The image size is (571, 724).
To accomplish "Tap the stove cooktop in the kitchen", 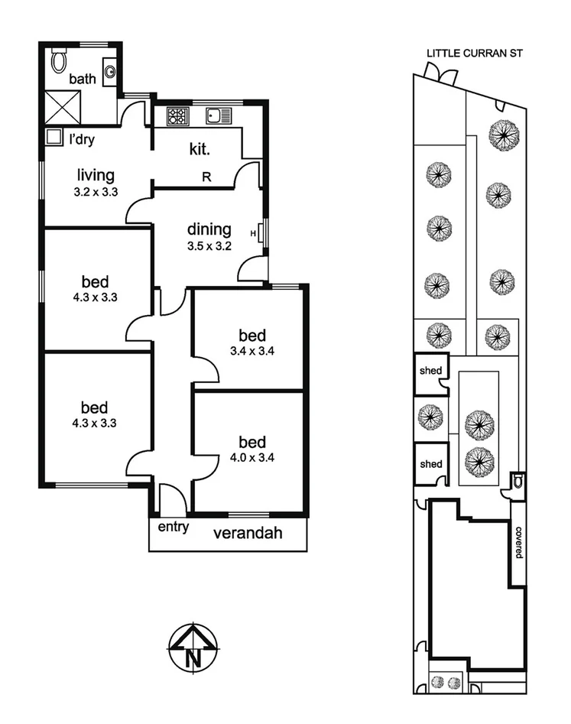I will pyautogui.click(x=177, y=116).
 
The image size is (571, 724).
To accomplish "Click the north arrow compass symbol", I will pyautogui.click(x=194, y=648).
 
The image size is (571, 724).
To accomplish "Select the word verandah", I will pyautogui.click(x=247, y=534).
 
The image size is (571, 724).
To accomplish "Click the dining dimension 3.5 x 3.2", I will pyautogui.click(x=209, y=246).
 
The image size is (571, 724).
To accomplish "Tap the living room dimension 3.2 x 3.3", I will pyautogui.click(x=96, y=192).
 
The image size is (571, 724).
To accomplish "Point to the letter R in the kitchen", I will pyautogui.click(x=206, y=175).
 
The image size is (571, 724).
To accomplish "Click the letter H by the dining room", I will pyautogui.click(x=253, y=233).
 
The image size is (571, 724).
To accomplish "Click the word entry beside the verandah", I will pyautogui.click(x=173, y=528).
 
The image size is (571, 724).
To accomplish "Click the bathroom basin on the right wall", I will pyautogui.click(x=110, y=73).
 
